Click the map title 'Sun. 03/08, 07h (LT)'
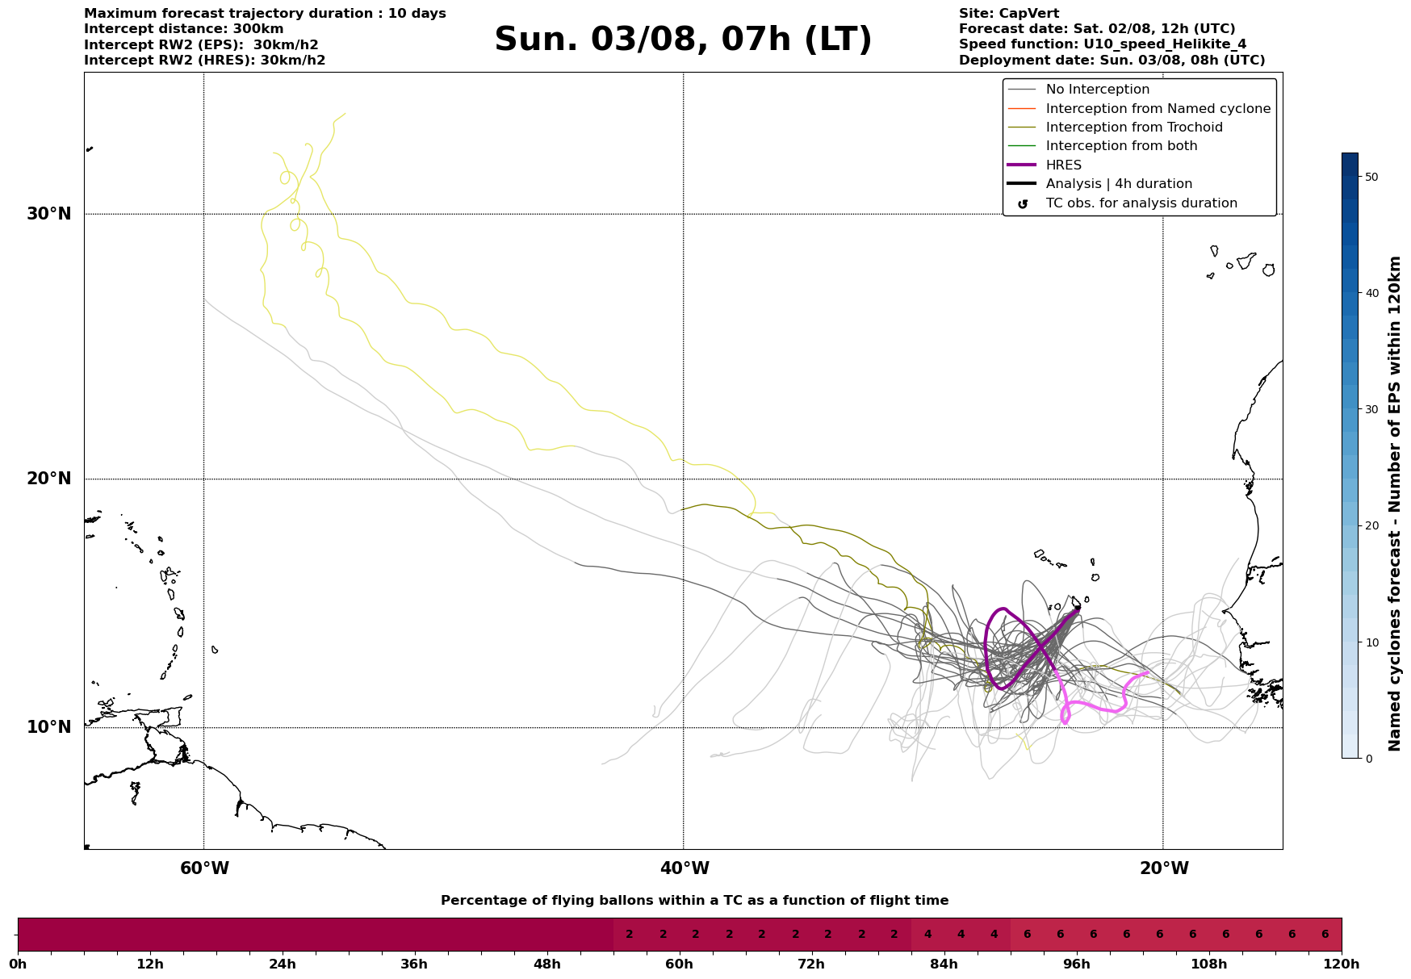point(683,40)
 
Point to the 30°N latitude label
point(49,214)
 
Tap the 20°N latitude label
point(49,479)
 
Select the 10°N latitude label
point(49,727)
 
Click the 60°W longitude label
point(204,868)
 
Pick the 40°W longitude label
point(685,868)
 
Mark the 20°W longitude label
point(1164,868)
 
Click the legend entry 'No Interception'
point(1097,90)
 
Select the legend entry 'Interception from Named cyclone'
point(1158,109)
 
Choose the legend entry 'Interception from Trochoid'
point(1133,128)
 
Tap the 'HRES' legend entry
point(1063,165)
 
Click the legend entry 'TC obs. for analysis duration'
point(1141,203)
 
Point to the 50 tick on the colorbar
point(1371,177)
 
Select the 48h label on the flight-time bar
point(546,964)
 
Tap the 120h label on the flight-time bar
point(1342,964)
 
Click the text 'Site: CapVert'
point(1008,14)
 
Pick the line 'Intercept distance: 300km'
point(183,29)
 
